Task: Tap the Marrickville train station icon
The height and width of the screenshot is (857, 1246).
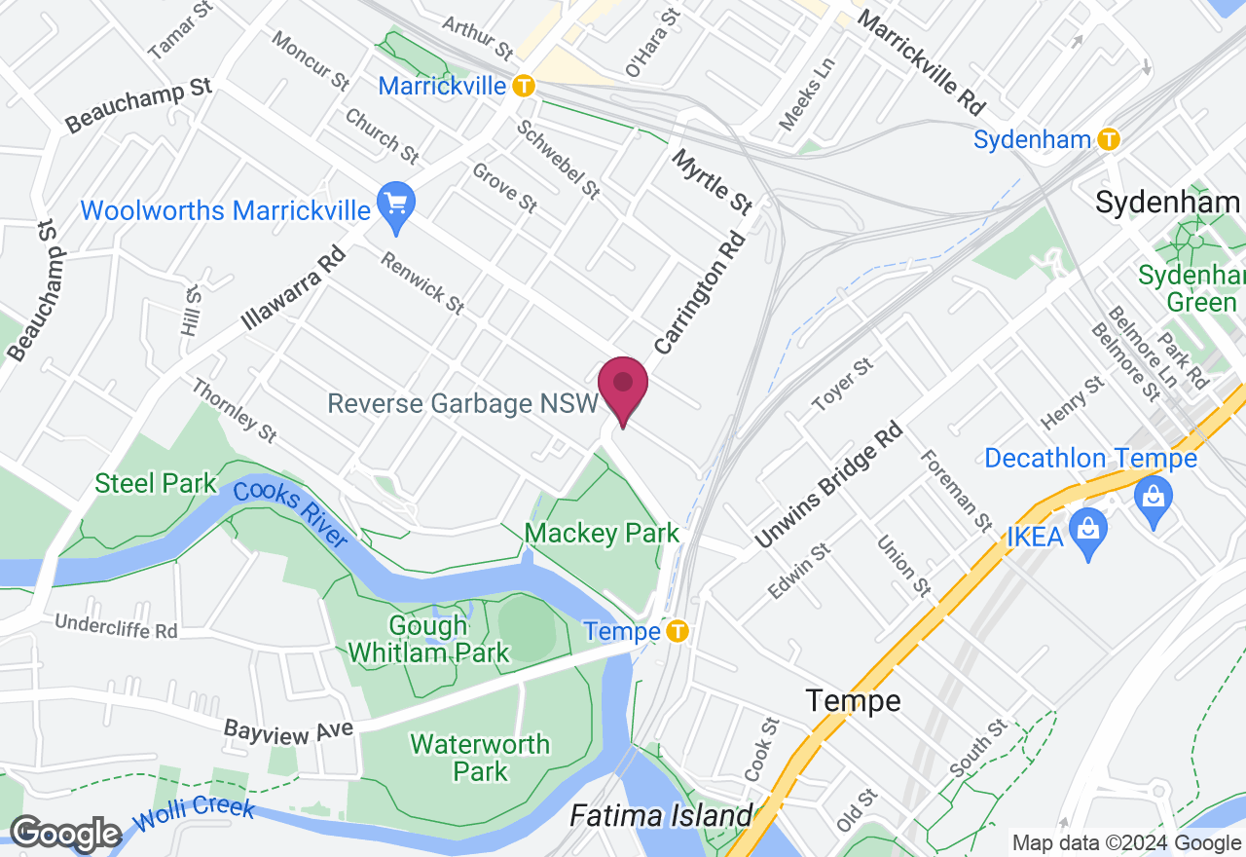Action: tap(524, 86)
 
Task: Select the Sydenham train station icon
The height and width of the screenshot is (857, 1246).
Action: tap(1108, 139)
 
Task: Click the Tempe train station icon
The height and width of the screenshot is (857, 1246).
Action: tap(678, 632)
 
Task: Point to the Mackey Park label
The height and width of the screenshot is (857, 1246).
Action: tap(602, 534)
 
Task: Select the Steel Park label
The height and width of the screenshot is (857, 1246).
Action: tap(156, 483)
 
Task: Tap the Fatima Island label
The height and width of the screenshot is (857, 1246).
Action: tap(662, 815)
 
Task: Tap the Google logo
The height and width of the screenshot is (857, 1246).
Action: tap(65, 834)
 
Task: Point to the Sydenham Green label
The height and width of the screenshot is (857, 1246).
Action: tap(1190, 288)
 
